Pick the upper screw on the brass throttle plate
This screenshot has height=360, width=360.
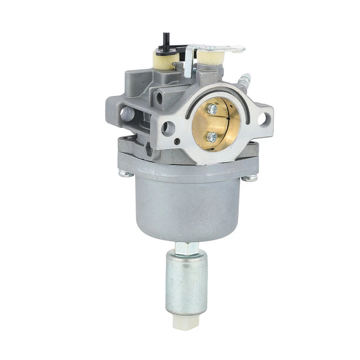212,109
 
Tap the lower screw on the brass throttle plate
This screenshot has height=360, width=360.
212,136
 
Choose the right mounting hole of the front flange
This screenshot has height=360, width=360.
264,119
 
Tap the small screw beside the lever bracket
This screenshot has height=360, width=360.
195,70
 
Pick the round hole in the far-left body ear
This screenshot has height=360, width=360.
127,111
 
